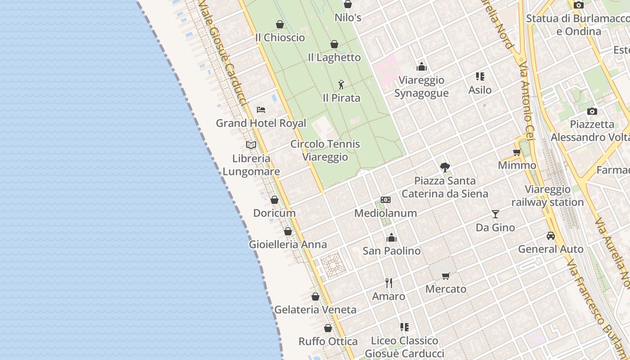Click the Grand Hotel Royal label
click(261, 123)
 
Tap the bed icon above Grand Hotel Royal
click(261, 109)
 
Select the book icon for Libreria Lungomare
click(251, 145)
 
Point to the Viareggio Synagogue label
click(422, 86)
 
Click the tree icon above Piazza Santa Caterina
click(445, 167)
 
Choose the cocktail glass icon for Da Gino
click(495, 214)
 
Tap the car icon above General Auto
click(551, 235)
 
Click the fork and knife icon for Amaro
click(389, 283)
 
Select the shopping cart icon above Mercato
click(446, 275)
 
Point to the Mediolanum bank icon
click(386, 199)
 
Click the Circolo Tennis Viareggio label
click(325, 150)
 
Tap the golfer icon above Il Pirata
click(341, 84)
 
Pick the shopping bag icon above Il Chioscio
click(280, 24)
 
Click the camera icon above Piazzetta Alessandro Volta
click(592, 111)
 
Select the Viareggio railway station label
click(548, 196)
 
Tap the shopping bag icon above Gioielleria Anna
click(288, 231)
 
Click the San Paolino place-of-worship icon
click(391, 237)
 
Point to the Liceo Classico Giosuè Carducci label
click(404, 347)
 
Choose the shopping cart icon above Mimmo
click(517, 152)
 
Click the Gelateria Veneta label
click(315, 310)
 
